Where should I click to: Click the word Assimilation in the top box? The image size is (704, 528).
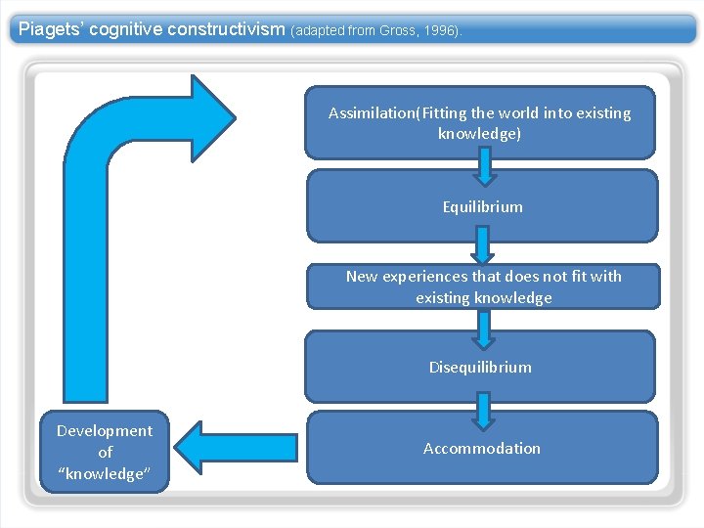click(372, 113)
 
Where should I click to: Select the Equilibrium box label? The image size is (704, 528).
click(482, 207)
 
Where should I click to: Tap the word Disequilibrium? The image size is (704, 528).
click(480, 368)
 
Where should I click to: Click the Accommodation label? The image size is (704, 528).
click(481, 449)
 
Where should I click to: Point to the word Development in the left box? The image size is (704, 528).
click(105, 431)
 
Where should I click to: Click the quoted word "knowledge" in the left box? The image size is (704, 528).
click(105, 474)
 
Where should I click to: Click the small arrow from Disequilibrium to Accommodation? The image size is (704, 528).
click(484, 411)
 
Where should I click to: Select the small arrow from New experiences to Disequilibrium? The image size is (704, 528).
click(483, 330)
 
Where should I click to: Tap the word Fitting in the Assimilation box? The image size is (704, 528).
click(448, 113)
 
